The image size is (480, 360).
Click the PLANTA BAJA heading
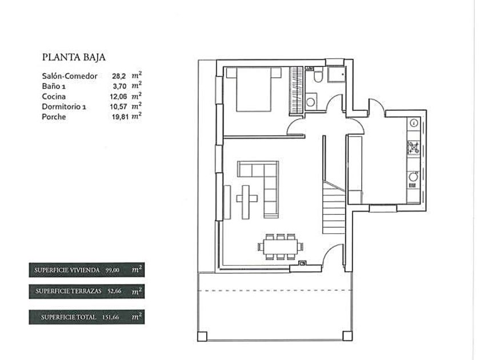pos(74,57)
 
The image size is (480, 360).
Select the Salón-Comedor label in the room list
pos(70,76)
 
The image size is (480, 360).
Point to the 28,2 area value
pos(119,76)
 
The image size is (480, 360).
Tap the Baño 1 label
pos(54,86)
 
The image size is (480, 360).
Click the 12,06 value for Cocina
pos(118,97)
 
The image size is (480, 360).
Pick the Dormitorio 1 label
pos(64,107)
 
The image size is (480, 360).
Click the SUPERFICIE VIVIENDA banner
pos(87,270)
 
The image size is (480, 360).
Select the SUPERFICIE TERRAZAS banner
pos(87,291)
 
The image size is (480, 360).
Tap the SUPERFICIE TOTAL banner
pos(87,317)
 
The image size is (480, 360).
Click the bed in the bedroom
pos(254,89)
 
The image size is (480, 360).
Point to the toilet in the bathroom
pos(318,76)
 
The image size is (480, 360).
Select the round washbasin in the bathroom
pos(310,102)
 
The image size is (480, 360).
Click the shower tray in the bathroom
pos(337,74)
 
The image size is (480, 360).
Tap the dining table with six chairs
pos(281,247)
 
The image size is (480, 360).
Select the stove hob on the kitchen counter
pos(414,147)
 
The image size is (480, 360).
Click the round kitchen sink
pos(413,177)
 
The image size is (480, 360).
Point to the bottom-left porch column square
pos(202,337)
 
